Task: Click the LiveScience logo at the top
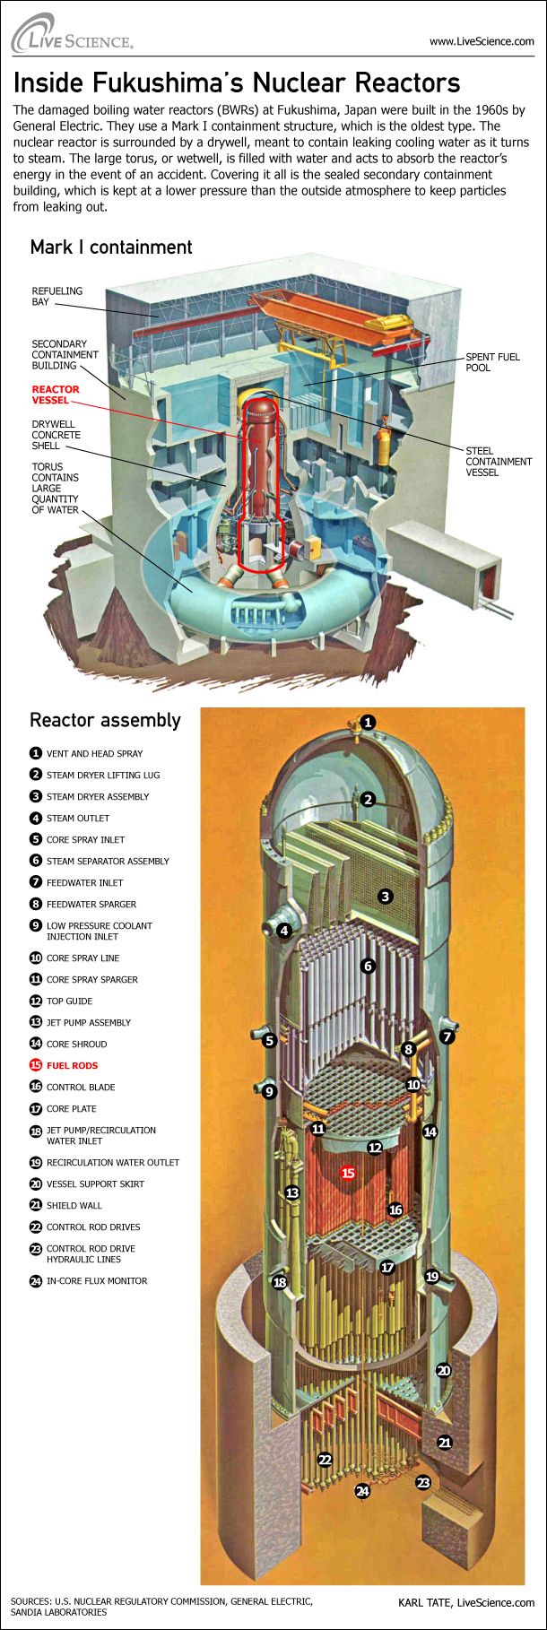72,34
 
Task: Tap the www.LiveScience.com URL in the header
482,41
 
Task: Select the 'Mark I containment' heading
111,247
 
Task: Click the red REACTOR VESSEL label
56,394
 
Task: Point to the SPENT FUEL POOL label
492,362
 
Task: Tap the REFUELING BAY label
56,297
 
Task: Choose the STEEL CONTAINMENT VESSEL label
499,462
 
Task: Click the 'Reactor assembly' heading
105,720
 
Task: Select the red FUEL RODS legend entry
72,1065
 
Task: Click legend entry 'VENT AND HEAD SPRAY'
94,753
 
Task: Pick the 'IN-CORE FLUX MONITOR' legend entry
97,1280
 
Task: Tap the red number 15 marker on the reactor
349,1173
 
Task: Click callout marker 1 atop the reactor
368,723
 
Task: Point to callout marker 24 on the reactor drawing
362,1492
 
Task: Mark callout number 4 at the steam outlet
284,931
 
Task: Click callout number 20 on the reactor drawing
443,1371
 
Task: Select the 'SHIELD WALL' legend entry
74,1205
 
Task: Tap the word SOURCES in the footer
30,1600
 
